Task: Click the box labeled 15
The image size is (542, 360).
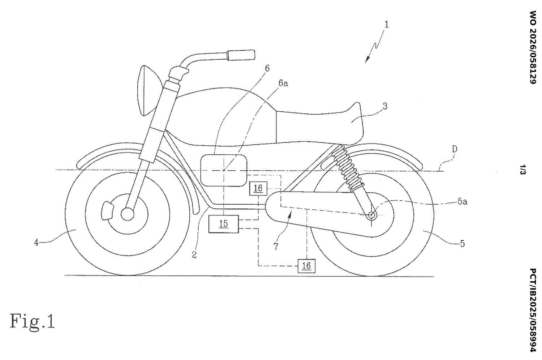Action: (x=224, y=224)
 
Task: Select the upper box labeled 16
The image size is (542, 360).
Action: (x=258, y=188)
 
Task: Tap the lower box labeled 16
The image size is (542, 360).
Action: (x=306, y=266)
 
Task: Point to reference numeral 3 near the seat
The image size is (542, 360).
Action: (x=385, y=106)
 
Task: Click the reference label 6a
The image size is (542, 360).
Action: (x=283, y=83)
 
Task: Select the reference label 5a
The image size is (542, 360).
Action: (x=463, y=201)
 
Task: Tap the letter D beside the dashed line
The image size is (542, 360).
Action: (x=455, y=149)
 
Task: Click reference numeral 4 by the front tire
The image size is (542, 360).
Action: (x=36, y=242)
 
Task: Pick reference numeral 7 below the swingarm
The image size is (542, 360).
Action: (x=276, y=246)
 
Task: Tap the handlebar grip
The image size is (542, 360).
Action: (x=241, y=55)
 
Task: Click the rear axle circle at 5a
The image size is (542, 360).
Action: (x=372, y=215)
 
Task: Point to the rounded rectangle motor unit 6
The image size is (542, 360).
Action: (x=224, y=171)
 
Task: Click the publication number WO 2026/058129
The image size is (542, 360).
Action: (x=533, y=47)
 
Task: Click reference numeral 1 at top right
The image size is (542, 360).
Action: (x=386, y=25)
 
